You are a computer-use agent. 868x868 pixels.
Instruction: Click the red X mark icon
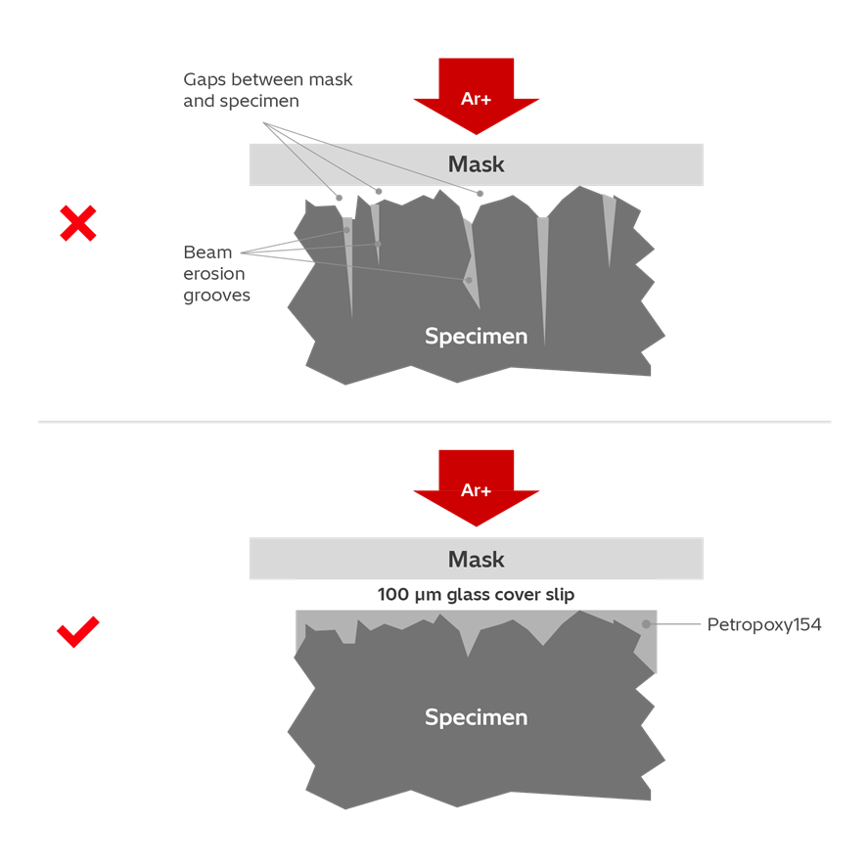pos(77,223)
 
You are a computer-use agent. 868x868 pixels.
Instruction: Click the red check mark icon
pos(77,632)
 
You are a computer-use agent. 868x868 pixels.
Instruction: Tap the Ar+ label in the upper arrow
pos(477,98)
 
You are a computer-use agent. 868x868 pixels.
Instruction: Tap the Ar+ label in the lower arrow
pos(477,489)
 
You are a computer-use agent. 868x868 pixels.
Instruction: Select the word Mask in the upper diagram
pos(477,164)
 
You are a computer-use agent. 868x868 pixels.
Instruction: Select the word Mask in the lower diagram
pos(477,560)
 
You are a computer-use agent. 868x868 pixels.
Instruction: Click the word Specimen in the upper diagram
pos(477,336)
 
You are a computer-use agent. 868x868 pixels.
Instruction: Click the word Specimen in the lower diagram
pos(477,717)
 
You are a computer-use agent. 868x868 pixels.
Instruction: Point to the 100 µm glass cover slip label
pos(477,594)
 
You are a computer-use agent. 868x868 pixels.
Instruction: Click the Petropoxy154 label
pos(764,624)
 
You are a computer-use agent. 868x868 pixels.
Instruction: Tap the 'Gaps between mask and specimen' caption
pos(268,89)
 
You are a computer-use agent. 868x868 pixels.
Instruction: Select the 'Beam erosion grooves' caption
pos(217,273)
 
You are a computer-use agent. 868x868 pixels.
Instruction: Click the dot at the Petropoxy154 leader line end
pos(646,623)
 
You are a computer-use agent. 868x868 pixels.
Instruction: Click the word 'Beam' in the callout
pos(207,252)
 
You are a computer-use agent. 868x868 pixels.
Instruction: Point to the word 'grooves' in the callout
pos(217,295)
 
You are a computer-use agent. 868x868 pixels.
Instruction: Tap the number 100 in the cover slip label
pos(392,594)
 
